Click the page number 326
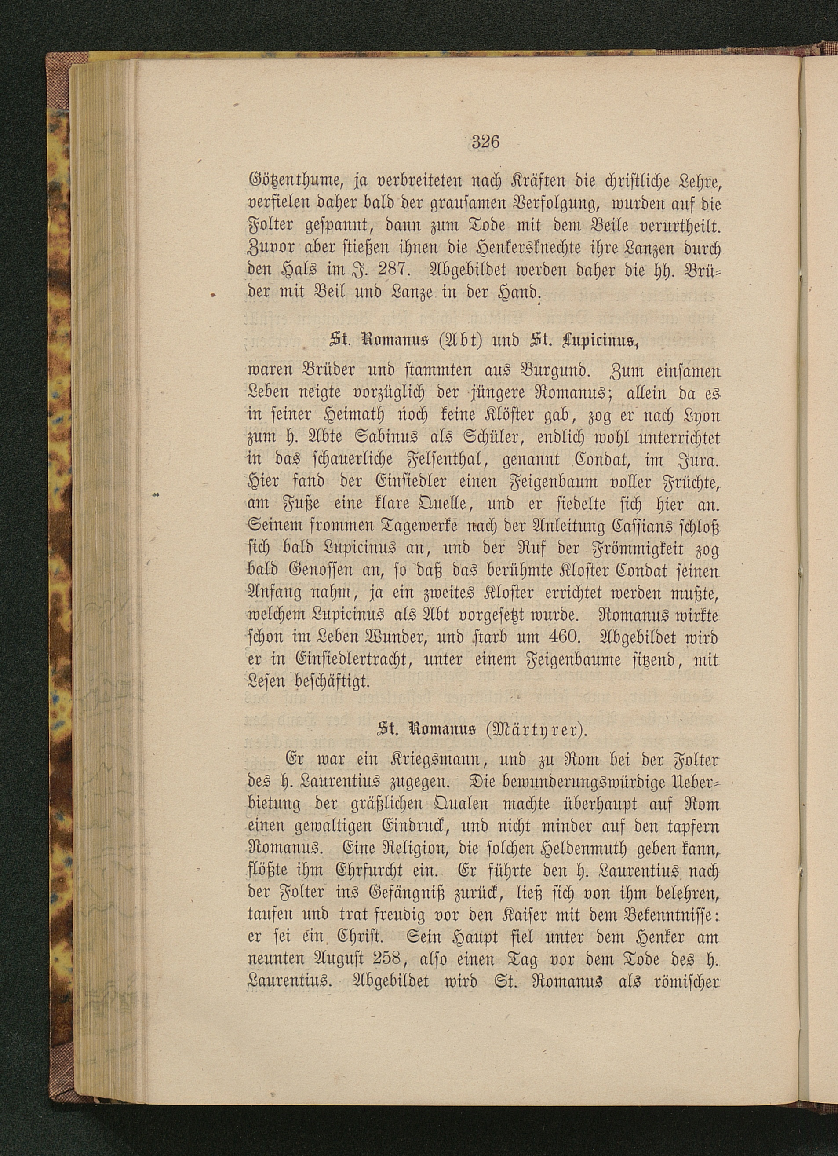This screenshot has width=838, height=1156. pos(485,141)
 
